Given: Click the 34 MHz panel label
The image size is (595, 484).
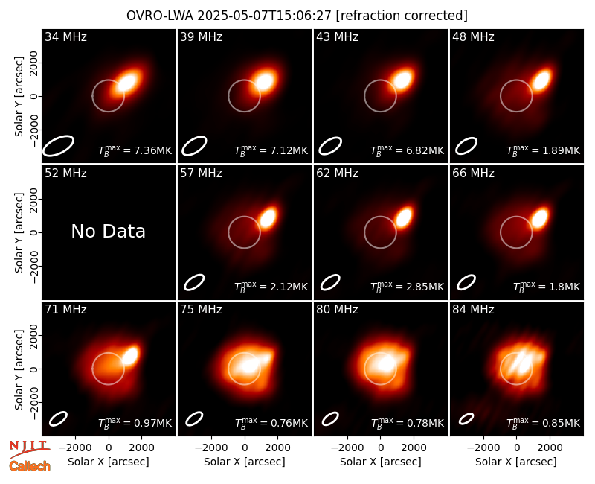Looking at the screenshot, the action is pos(65,36).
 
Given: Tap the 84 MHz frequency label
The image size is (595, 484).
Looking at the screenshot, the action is pos(473,310).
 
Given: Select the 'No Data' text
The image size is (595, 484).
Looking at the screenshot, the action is pos(108,231).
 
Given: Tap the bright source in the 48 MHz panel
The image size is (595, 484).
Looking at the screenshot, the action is pos(541,79).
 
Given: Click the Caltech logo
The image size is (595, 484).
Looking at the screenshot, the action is pos(30,466).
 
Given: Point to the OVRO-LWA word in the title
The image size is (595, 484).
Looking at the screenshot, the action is pos(160,16).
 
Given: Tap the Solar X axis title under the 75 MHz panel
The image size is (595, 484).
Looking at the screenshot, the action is pos(245,462).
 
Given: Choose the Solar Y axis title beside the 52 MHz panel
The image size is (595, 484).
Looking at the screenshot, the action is pos(19,232).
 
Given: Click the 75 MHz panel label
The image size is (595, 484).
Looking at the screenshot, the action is pos(201,310).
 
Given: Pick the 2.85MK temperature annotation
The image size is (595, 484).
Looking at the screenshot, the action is pos(407,287).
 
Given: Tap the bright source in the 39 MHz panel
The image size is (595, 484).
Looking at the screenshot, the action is pos(265,81).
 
